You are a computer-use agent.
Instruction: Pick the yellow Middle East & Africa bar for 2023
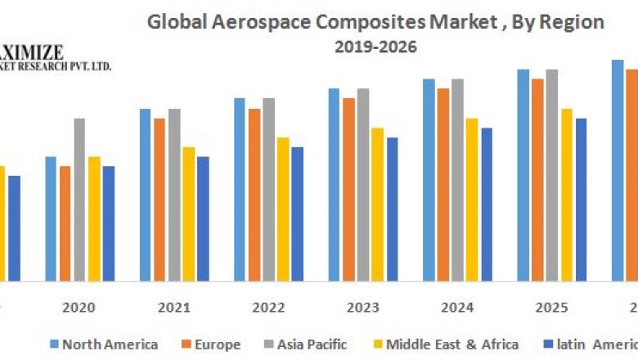[x=377, y=204]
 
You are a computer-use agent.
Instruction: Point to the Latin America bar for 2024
[x=487, y=204]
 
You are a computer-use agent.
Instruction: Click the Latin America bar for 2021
[x=203, y=218]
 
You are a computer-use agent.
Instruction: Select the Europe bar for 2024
[x=443, y=184]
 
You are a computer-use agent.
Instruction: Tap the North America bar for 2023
[x=334, y=184]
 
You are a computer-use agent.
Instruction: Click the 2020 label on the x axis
[x=79, y=308]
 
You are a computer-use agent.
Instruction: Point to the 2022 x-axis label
[x=268, y=308]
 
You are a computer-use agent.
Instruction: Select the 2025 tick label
[x=551, y=308]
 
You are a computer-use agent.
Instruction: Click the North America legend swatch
[x=54, y=344]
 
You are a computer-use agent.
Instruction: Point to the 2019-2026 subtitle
[x=375, y=47]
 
